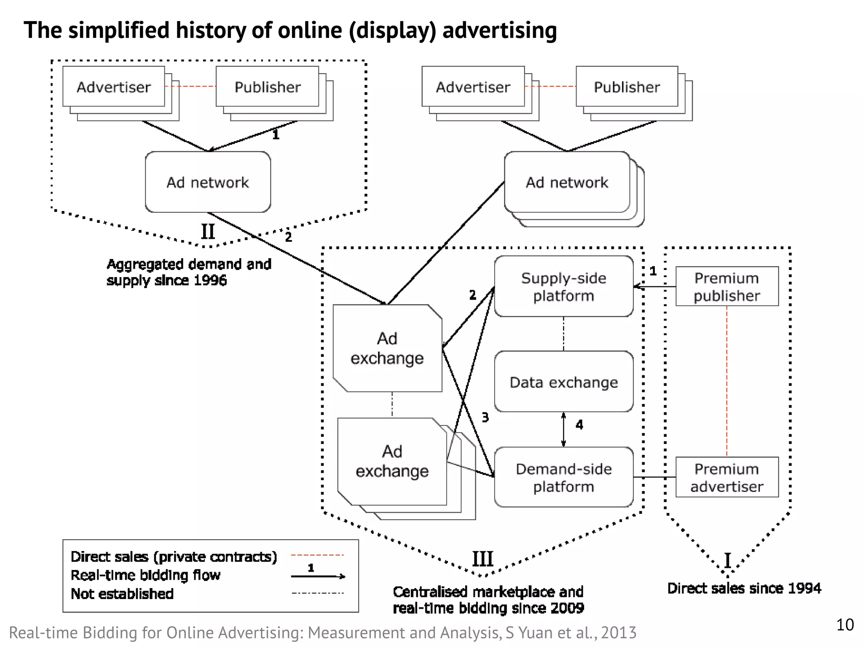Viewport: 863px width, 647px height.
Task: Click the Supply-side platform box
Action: [x=563, y=286]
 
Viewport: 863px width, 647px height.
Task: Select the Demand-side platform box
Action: [x=563, y=477]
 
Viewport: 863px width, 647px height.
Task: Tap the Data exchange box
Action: [x=563, y=382]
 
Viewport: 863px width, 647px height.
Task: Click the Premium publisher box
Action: [x=726, y=286]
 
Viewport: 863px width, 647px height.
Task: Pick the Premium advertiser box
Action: [x=726, y=477]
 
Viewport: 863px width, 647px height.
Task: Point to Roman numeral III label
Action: [x=482, y=559]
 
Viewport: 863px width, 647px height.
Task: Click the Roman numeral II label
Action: [x=208, y=232]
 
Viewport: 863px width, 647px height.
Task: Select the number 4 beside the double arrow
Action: [x=579, y=425]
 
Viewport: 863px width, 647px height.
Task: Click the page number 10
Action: [x=845, y=625]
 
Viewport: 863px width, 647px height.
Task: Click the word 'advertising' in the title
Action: [x=500, y=30]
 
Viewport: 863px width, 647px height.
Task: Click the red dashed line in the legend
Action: [x=318, y=556]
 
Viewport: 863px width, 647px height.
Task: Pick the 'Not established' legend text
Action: [x=122, y=594]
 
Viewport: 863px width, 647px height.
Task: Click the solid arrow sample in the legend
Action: [x=318, y=576]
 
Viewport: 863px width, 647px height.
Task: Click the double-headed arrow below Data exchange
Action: [x=563, y=430]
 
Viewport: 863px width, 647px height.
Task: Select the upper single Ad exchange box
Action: [x=387, y=348]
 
